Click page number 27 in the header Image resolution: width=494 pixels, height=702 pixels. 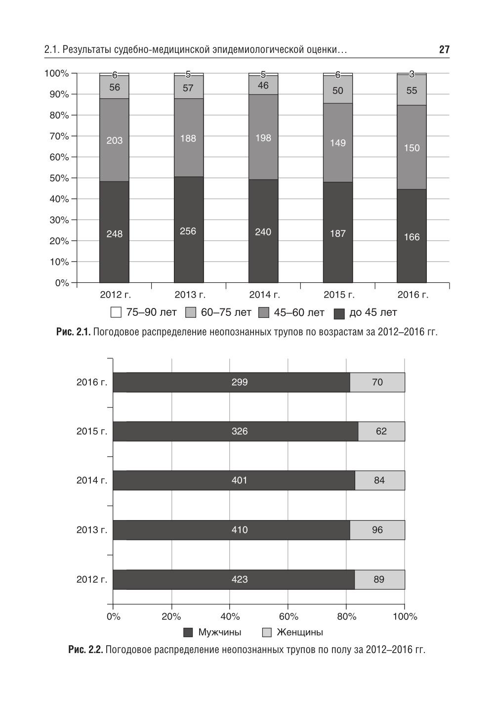click(444, 49)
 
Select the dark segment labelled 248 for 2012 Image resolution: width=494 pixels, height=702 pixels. click(114, 233)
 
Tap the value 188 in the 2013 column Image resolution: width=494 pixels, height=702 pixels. click(188, 138)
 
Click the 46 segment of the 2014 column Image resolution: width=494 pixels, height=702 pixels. click(263, 85)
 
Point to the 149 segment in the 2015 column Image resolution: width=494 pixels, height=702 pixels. click(338, 143)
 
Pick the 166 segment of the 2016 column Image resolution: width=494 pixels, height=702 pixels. click(412, 237)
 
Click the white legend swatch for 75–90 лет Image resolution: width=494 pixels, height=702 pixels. click(116, 312)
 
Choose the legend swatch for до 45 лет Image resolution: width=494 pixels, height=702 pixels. click(339, 313)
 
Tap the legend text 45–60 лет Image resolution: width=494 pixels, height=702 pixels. click(299, 312)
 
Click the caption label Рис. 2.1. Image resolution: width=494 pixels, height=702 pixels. click(73, 332)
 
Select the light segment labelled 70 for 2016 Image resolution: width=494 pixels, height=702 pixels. click(377, 382)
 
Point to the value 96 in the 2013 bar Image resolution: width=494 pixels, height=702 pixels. click(377, 530)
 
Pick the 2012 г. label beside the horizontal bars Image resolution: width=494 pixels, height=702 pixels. click(91, 579)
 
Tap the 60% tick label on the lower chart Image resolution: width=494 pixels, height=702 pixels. click(288, 616)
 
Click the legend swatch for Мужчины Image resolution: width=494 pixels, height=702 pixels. click(188, 632)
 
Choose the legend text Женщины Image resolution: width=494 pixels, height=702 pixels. click(299, 632)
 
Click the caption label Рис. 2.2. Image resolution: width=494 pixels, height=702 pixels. click(85, 650)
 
